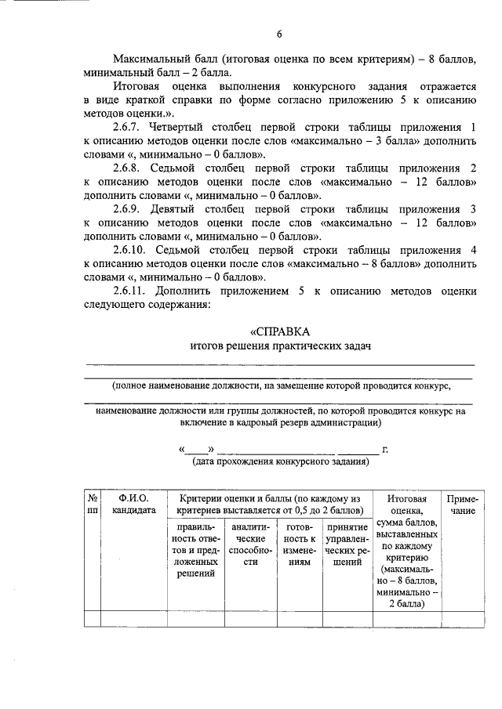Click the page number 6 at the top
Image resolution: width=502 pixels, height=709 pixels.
click(278, 33)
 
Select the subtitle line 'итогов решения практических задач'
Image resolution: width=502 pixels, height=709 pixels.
click(279, 345)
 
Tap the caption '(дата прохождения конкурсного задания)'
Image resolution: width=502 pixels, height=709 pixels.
click(280, 462)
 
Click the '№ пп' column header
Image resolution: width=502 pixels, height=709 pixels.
click(93, 505)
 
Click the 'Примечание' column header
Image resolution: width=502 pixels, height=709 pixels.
click(462, 505)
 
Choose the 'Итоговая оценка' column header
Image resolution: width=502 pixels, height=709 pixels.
click(407, 505)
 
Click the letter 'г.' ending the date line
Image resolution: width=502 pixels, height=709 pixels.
click(384, 450)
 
